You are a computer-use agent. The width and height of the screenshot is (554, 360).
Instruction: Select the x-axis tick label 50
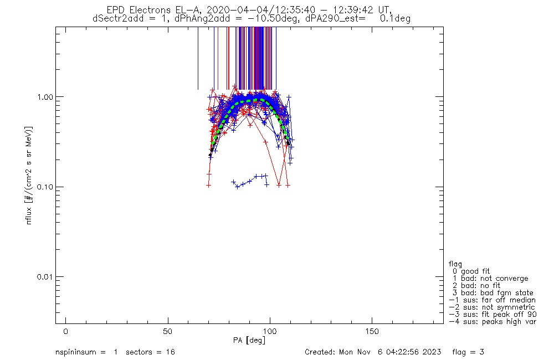168,331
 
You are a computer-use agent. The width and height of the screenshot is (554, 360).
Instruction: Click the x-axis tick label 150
372,331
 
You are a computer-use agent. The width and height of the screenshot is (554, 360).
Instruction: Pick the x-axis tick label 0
66,331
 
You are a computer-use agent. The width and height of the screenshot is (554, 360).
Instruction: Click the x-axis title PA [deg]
249,340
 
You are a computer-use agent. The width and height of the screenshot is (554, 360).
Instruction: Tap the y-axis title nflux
29,215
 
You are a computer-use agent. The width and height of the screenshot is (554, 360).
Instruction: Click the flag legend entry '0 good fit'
471,271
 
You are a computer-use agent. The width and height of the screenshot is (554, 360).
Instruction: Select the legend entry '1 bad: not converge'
490,279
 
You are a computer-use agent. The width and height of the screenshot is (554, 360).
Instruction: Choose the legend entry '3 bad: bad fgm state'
493,293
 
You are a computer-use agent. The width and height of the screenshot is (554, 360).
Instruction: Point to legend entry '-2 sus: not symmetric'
492,307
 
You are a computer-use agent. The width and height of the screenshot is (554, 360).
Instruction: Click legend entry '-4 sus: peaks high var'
493,322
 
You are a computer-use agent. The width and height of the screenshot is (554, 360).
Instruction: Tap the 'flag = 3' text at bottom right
468,352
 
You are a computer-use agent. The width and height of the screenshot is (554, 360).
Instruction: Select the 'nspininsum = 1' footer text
86,352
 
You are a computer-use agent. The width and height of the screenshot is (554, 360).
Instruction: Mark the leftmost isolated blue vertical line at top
198,58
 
